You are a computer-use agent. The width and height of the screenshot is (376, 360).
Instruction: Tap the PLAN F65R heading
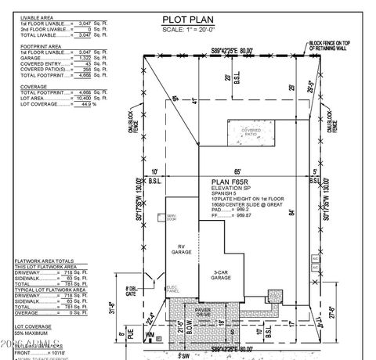click(x=228, y=180)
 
